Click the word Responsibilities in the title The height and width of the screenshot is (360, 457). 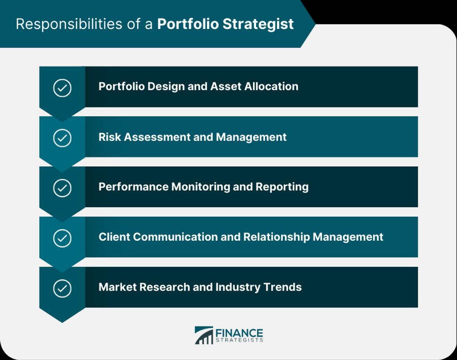pyautogui.click(x=69, y=24)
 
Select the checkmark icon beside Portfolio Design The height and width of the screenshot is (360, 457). pyautogui.click(x=62, y=88)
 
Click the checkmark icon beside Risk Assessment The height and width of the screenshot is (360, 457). pyautogui.click(x=62, y=138)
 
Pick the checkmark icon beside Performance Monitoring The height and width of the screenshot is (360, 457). pyautogui.click(x=62, y=188)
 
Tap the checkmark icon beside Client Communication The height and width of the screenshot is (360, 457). pyautogui.click(x=62, y=239)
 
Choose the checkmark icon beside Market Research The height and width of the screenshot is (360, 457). pyautogui.click(x=62, y=289)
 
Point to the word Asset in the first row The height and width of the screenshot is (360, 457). pyautogui.click(x=225, y=86)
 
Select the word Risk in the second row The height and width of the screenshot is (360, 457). pyautogui.click(x=110, y=137)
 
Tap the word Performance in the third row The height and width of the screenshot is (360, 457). pyautogui.click(x=133, y=187)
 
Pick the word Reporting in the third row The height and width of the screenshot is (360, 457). pyautogui.click(x=282, y=187)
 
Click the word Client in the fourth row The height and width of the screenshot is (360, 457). pyautogui.click(x=114, y=237)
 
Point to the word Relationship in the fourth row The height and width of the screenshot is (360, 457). pyautogui.click(x=276, y=237)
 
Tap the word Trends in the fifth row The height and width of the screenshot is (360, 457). pyautogui.click(x=283, y=287)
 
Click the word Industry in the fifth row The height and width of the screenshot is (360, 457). pyautogui.click(x=238, y=287)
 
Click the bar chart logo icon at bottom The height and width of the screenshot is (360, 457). pyautogui.click(x=204, y=335)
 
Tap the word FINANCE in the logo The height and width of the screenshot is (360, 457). pyautogui.click(x=239, y=333)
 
